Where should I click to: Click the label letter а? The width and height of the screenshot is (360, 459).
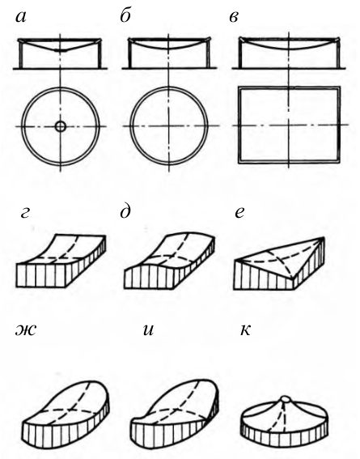coord(20,18)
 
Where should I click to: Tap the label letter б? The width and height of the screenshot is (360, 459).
coord(125,16)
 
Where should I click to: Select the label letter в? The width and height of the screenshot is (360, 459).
coord(234,18)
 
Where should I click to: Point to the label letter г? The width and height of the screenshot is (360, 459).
coord(25,214)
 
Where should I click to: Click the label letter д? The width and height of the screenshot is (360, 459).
coord(125,212)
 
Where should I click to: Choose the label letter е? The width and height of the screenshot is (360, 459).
coord(239,213)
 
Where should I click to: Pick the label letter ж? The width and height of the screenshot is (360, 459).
coord(26,330)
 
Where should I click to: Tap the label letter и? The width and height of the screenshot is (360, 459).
coord(149,330)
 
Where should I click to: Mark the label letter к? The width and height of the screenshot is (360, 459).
coord(245,330)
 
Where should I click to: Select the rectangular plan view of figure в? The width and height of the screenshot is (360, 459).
coord(239,125)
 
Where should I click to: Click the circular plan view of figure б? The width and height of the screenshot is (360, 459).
coord(130,125)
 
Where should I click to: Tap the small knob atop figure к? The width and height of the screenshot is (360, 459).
coord(285,399)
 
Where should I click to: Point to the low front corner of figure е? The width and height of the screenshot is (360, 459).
coord(292,278)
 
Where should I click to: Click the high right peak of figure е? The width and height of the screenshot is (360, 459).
coord(324,237)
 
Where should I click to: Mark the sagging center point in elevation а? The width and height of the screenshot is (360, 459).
coord(61,51)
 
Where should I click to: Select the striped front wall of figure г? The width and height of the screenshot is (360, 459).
coord(40,276)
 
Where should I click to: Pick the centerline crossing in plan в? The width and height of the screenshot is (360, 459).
coord(289,125)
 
